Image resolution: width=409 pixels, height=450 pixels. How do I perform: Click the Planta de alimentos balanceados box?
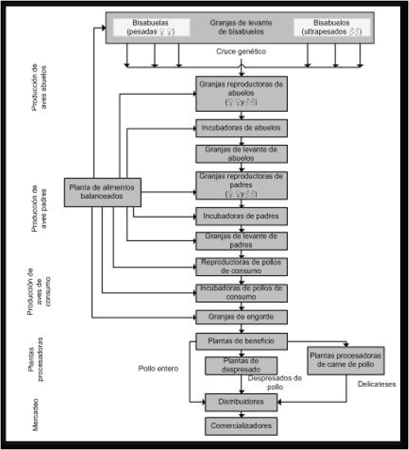pos(103,191)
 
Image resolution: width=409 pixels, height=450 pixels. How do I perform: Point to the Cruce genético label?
pos(241,52)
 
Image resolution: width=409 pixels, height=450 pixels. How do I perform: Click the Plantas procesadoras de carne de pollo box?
pos(346,361)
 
